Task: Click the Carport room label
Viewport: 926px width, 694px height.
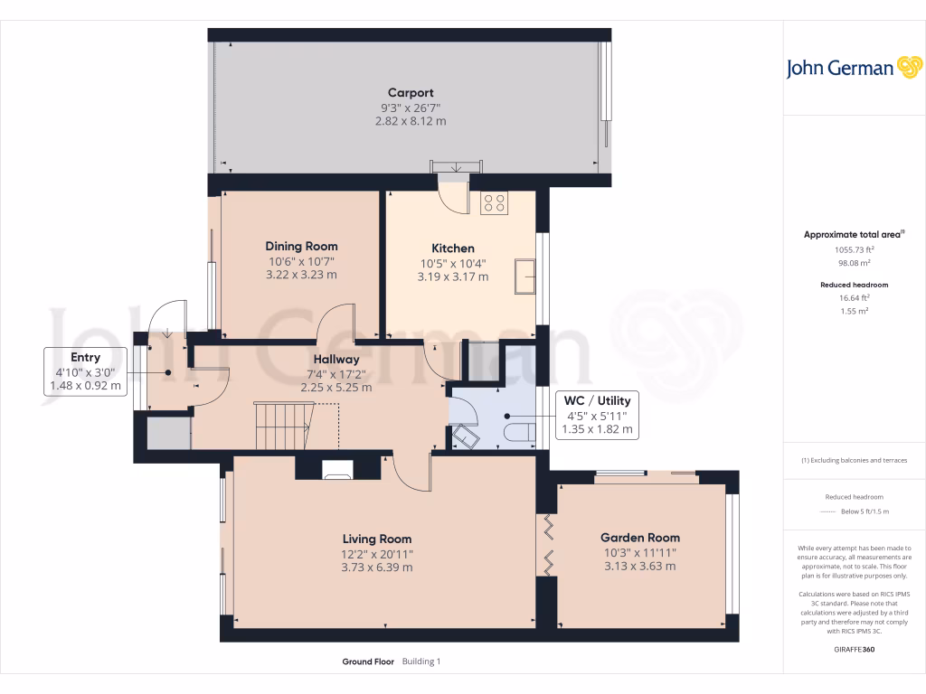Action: [x=411, y=92]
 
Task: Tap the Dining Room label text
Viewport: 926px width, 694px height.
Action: [x=301, y=246]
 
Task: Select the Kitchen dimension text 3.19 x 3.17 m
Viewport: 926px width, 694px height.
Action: [x=452, y=277]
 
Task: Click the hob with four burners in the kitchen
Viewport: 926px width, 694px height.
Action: [x=494, y=203]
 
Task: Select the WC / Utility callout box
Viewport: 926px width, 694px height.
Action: [x=596, y=415]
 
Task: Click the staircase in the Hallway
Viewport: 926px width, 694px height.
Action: [x=282, y=425]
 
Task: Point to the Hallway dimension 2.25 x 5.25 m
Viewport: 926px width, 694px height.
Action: [x=336, y=387]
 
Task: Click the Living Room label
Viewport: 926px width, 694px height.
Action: [x=376, y=539]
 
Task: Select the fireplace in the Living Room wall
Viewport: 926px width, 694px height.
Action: [x=338, y=468]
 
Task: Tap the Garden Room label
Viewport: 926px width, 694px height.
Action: [x=641, y=538]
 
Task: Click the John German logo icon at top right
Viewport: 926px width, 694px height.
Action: [x=908, y=68]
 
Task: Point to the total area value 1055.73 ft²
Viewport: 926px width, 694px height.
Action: [x=854, y=249]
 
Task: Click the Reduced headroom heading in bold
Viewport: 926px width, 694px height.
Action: [x=854, y=285]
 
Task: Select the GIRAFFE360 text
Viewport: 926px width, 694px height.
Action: [x=854, y=649]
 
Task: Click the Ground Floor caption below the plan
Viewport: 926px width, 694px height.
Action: [x=367, y=661]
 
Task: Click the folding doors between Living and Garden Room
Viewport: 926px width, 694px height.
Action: [x=548, y=545]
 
